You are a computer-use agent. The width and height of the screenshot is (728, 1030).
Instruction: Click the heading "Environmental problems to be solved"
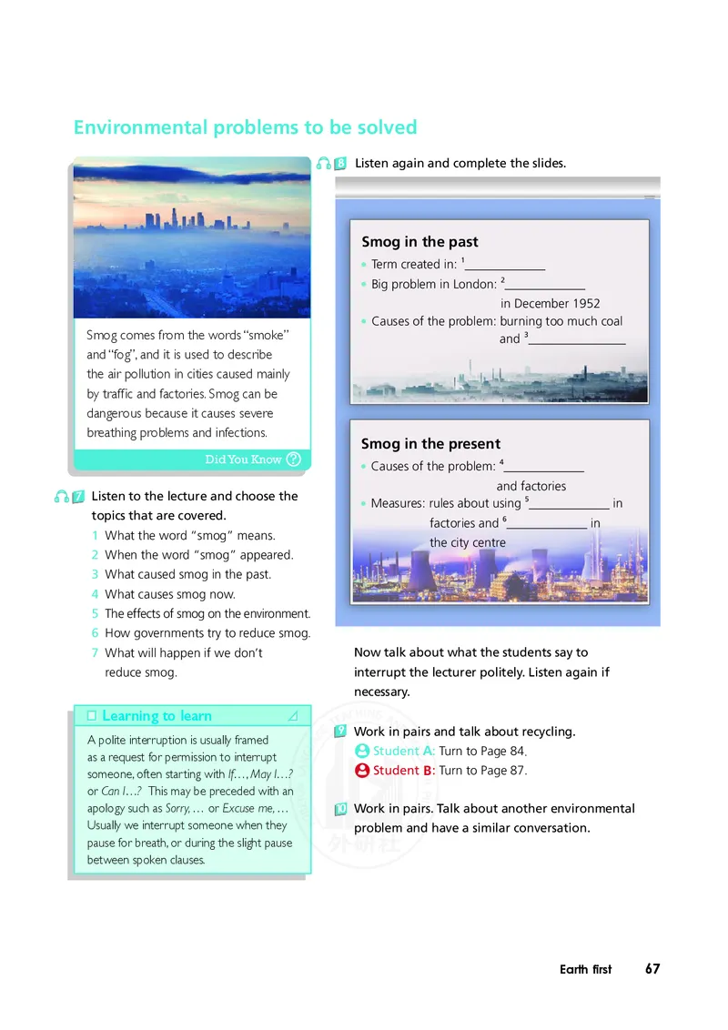point(245,127)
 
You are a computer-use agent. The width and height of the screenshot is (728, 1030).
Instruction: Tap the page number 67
point(652,969)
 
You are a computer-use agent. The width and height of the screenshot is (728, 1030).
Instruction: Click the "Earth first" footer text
point(586,970)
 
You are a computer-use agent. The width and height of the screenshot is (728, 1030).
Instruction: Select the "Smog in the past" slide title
point(420,242)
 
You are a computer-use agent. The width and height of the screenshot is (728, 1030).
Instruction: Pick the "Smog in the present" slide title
point(430,444)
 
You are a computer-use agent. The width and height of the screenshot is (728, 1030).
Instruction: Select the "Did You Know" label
point(243,459)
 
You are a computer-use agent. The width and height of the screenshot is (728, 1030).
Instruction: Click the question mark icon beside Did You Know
point(293,459)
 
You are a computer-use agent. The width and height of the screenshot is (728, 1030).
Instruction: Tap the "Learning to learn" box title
point(157,716)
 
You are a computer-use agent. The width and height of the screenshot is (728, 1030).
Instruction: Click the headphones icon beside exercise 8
point(323,164)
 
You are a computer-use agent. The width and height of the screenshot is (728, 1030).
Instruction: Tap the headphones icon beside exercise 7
point(62,497)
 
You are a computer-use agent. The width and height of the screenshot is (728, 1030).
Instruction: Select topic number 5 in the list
point(95,613)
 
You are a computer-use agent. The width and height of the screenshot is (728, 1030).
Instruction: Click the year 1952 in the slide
point(582,303)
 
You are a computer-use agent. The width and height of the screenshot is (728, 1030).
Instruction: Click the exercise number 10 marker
point(339,809)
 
